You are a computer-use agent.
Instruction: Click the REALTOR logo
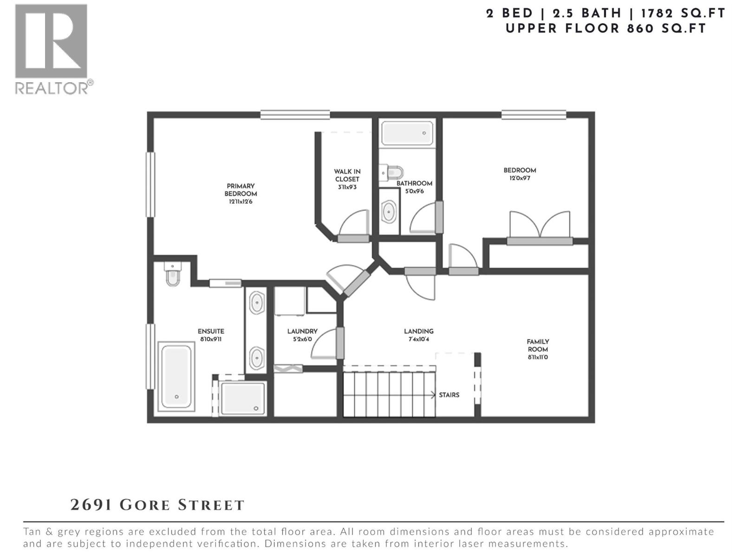[x=52, y=49]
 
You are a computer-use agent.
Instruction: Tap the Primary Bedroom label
[x=241, y=190]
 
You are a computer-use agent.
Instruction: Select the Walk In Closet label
[x=347, y=175]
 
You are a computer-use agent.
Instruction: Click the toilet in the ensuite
[x=172, y=274]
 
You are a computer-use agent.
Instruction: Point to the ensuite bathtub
[x=176, y=376]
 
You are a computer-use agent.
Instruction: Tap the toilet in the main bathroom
[x=391, y=173]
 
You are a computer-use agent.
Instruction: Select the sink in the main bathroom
[x=389, y=212]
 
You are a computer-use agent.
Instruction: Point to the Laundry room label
[x=302, y=331]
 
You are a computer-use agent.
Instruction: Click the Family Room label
[x=538, y=345]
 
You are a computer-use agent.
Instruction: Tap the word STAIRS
[x=449, y=395]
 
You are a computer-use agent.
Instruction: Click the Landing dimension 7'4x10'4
[x=418, y=339]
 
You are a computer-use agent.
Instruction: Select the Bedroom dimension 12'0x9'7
[x=520, y=178]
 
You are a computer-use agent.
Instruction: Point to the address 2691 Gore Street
[x=157, y=505]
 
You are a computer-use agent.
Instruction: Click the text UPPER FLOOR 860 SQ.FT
[x=606, y=28]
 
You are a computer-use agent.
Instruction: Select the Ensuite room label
[x=211, y=331]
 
